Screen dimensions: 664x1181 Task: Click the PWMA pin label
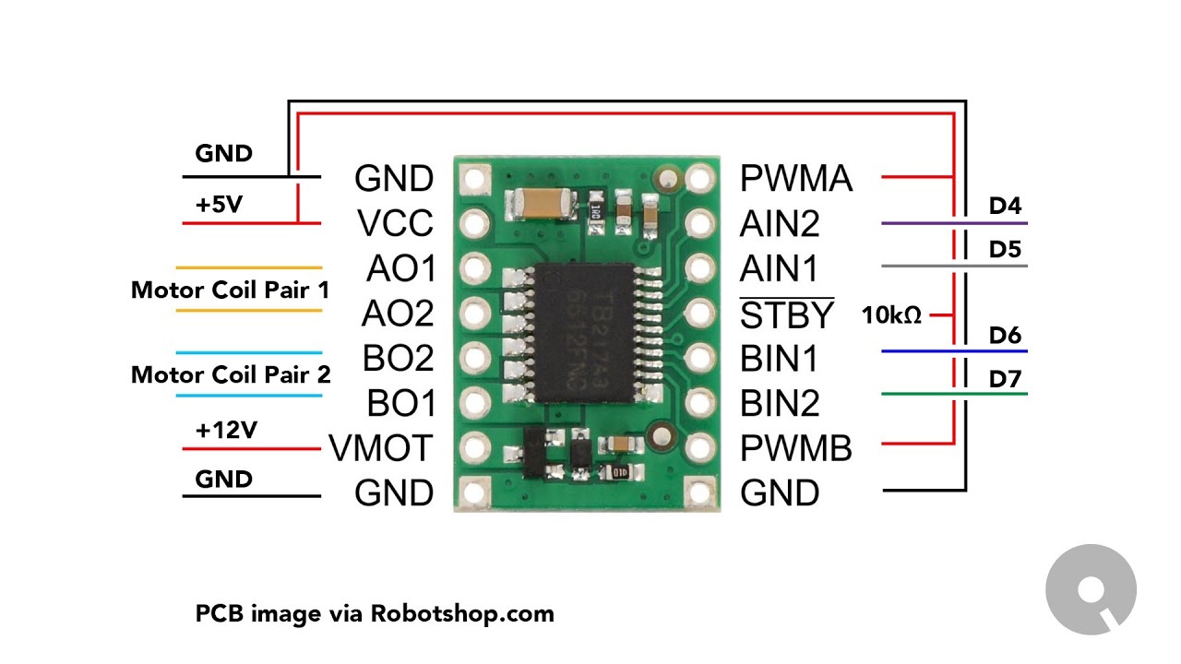click(796, 179)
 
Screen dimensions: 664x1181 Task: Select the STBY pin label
click(787, 315)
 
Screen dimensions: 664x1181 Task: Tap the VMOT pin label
click(380, 449)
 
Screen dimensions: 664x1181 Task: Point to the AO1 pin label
click(400, 269)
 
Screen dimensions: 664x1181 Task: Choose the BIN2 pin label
click(780, 404)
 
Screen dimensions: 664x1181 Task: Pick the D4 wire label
click(1005, 206)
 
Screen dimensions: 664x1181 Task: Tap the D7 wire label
click(1005, 379)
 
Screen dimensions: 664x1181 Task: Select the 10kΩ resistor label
click(891, 315)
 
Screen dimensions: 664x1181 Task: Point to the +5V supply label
click(219, 205)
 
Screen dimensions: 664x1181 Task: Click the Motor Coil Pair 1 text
click(230, 290)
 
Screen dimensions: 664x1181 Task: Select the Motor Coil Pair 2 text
click(230, 375)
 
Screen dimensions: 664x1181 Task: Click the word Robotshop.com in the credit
click(462, 613)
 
